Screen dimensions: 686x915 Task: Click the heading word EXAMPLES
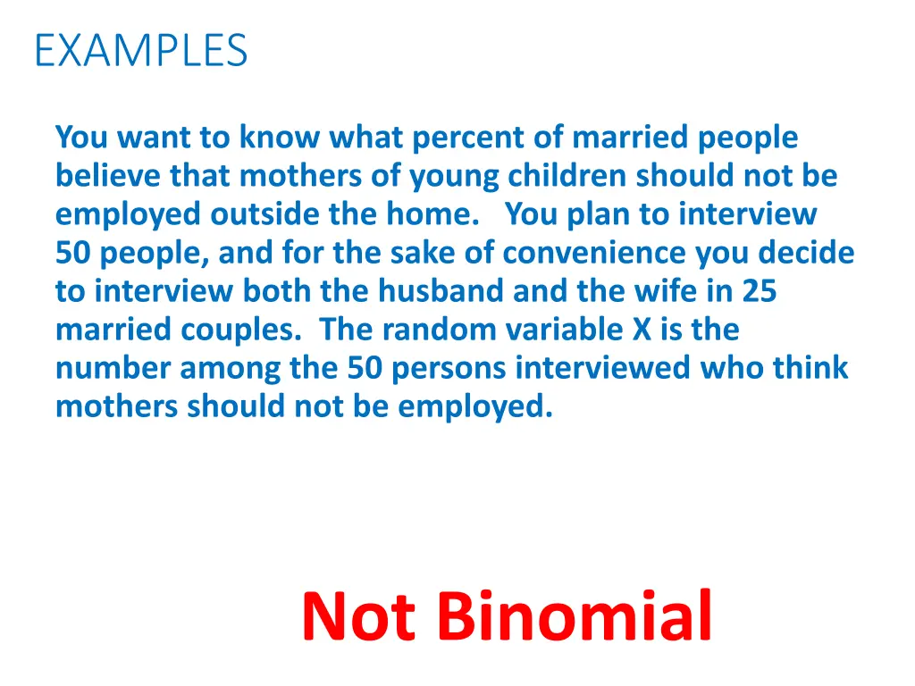(x=140, y=50)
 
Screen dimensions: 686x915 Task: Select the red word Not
(x=358, y=616)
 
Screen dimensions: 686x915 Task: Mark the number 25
(x=759, y=292)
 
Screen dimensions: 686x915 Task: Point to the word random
(x=436, y=330)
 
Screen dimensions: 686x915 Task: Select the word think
(x=810, y=368)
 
